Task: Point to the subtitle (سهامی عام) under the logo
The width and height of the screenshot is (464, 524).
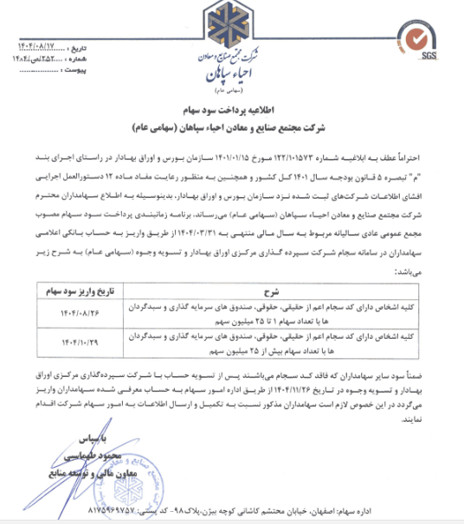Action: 231,88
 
